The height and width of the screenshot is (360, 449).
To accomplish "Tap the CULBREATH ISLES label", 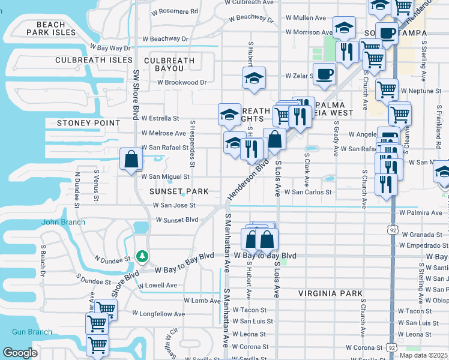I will coord(94,60).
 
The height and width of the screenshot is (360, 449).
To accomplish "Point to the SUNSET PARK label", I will coord(179,191).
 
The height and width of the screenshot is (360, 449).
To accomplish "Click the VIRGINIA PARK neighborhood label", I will coord(330,293).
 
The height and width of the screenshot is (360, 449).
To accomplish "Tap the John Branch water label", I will coord(63,222).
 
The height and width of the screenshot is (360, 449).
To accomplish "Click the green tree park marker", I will coord(142,257).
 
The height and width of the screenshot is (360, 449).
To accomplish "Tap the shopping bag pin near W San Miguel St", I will coord(131,160).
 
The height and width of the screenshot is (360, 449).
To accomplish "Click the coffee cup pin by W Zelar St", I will coord(325,74).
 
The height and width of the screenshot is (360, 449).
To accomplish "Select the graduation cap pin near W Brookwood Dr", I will coord(254,79).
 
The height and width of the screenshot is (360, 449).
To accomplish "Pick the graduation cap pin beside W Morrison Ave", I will coord(344,28).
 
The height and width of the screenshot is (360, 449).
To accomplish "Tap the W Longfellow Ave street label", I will coord(159,313).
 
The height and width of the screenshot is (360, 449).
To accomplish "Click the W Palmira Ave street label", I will coord(420,212).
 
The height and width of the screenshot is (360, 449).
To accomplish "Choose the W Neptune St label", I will coord(421,91).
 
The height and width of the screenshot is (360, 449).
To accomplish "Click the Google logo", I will coord(20,352).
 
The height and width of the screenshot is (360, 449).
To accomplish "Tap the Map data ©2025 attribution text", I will coord(423,355).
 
